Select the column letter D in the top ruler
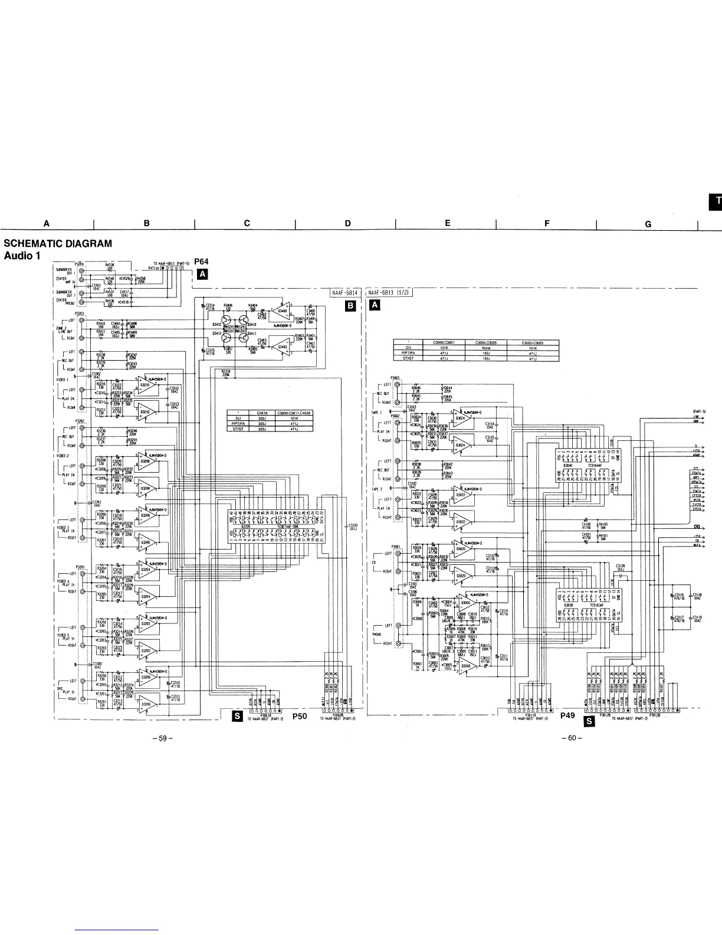(347, 223)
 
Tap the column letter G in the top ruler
(648, 224)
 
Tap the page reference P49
(567, 715)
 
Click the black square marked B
(351, 306)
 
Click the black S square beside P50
(237, 716)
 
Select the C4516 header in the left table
(262, 414)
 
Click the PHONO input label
(376, 635)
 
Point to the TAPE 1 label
(378, 412)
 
